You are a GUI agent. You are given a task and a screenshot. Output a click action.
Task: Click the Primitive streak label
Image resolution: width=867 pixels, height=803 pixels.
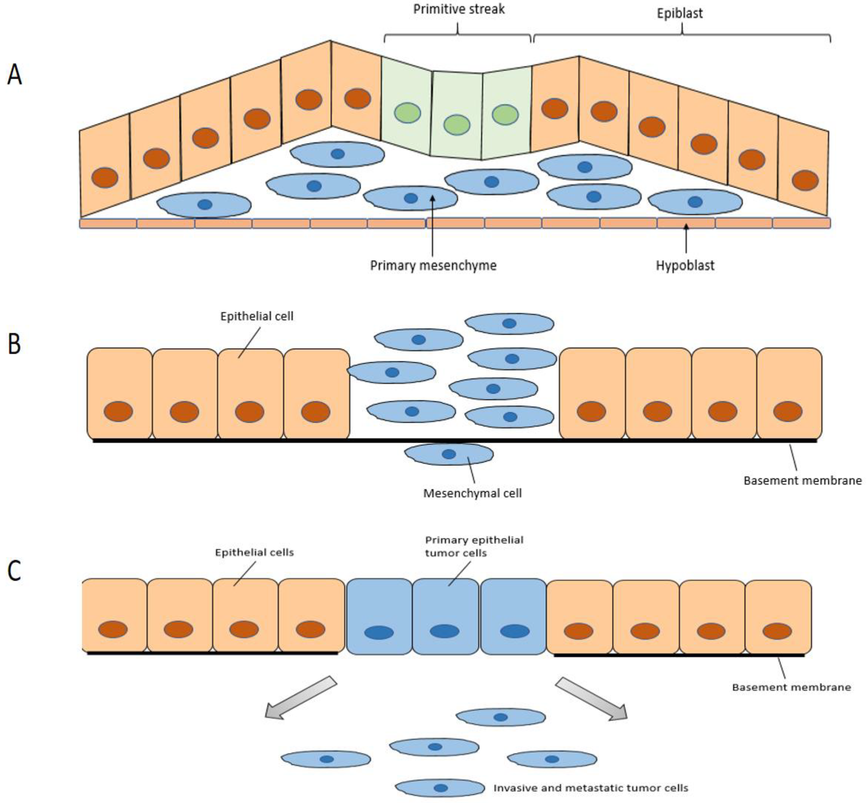[458, 10]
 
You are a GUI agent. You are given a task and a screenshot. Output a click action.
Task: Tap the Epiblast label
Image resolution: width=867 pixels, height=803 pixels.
[679, 13]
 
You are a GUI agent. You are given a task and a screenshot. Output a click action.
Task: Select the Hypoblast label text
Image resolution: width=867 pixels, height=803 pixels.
[685, 265]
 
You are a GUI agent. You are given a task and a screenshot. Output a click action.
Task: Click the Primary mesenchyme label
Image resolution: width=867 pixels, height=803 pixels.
[433, 265]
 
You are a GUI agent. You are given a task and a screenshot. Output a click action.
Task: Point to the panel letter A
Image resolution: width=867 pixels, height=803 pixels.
[14, 75]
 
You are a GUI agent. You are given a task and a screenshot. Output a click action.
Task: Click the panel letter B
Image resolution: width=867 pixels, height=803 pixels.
[14, 344]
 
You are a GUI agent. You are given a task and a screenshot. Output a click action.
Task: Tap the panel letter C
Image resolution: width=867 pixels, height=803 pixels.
[14, 571]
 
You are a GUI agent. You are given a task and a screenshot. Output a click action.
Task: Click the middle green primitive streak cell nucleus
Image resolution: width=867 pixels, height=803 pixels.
[456, 125]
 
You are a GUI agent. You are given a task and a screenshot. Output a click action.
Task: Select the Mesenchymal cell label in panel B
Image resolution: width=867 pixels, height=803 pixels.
[472, 493]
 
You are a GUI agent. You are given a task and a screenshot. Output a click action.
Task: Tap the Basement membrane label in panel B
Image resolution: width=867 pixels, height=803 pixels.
[802, 481]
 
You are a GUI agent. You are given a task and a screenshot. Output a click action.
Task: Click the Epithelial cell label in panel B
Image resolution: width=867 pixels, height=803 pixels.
[257, 316]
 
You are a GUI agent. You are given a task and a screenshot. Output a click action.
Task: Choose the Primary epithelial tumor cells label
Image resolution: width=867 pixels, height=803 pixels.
[474, 546]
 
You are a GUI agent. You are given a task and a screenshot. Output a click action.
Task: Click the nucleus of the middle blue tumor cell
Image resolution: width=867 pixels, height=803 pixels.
[444, 631]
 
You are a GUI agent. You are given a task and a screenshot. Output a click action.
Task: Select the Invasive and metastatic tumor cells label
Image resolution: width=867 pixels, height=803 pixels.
[591, 788]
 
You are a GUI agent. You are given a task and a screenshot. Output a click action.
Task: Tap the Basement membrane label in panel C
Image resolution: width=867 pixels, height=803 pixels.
[791, 687]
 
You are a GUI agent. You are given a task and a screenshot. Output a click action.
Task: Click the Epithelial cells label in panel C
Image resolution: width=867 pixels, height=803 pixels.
[255, 552]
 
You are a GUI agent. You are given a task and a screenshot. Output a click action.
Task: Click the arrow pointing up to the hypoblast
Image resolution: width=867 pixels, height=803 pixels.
[686, 239]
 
